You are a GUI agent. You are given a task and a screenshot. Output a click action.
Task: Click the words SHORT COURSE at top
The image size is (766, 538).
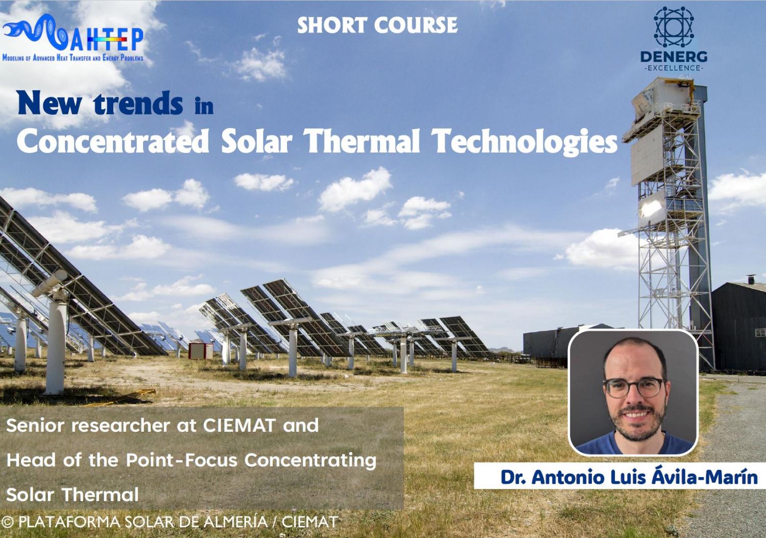[377, 26]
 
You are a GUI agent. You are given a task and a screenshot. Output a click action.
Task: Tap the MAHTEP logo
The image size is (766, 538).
[73, 38]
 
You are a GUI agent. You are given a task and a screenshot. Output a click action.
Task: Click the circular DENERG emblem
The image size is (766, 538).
[674, 27]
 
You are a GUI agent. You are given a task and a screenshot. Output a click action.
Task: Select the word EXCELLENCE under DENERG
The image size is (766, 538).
[674, 68]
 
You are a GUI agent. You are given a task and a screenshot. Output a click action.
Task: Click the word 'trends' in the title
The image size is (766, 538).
[138, 103]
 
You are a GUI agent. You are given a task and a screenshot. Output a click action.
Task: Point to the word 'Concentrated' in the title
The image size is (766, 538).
[113, 141]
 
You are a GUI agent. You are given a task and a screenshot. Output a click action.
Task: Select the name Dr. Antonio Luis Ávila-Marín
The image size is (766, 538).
[629, 477]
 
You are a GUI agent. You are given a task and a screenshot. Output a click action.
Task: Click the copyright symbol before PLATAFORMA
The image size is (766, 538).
[8, 522]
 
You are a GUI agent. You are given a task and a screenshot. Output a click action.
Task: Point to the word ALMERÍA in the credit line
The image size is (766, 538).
[235, 522]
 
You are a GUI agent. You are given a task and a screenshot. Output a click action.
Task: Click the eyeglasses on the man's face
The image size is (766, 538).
[635, 388]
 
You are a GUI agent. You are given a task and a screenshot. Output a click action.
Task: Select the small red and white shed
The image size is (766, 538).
[201, 350]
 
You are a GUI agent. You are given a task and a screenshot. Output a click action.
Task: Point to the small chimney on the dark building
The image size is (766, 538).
[751, 279]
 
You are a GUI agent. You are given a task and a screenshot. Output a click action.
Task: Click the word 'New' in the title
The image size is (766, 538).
[50, 103]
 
